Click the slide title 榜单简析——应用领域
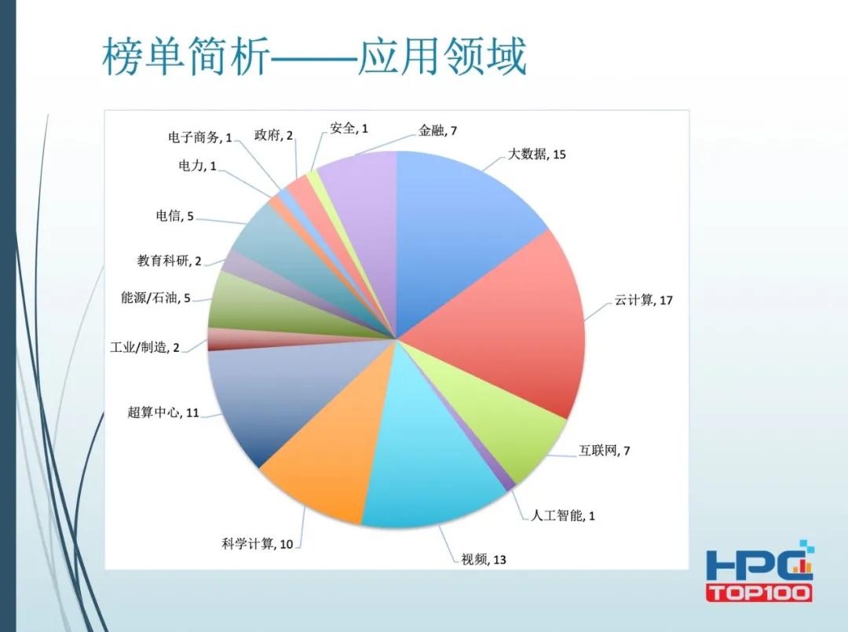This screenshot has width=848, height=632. coord(314,57)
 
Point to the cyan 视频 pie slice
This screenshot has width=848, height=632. coord(428,455)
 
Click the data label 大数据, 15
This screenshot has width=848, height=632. coord(537,154)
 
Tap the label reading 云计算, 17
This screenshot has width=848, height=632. coord(644,301)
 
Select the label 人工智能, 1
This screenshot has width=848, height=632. coord(563,516)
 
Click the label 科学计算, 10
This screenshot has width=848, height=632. coord(257,543)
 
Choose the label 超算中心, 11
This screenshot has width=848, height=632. coord(163,412)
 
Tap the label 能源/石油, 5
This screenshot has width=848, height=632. coord(155,298)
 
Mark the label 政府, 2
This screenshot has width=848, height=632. coord(274,135)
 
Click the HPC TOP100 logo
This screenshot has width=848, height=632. coord(758,571)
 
